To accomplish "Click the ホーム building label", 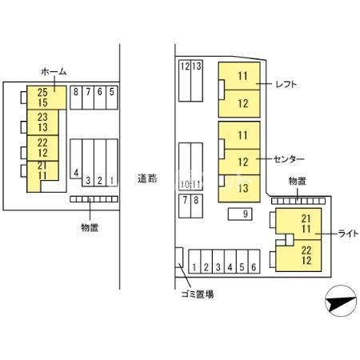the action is pos(54,71).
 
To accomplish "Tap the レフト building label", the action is pos(286,84).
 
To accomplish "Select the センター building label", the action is pos(289,159).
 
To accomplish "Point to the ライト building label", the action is pos(348,234).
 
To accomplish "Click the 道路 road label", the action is pos(147,178).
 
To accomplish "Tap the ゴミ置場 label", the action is pos(198,294).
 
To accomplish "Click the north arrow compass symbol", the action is pos(341,301).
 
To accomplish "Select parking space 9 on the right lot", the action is pos(240,214).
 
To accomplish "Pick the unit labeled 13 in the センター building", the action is pos(239,188).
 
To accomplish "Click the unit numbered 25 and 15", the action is pos(46,98).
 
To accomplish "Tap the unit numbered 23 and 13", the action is pos(42,122).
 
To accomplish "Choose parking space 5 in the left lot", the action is pos(112,98).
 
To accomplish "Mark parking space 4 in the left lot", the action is pos(76,158).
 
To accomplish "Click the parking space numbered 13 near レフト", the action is pos(197,81).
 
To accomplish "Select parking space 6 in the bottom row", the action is pos(254,262).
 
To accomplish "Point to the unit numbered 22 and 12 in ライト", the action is pos(298,256).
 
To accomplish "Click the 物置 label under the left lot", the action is pos(90,227).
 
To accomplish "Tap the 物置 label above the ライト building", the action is pos(298,182).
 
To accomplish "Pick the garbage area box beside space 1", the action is pos(179,258).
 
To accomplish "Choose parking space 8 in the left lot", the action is pos(76,98).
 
